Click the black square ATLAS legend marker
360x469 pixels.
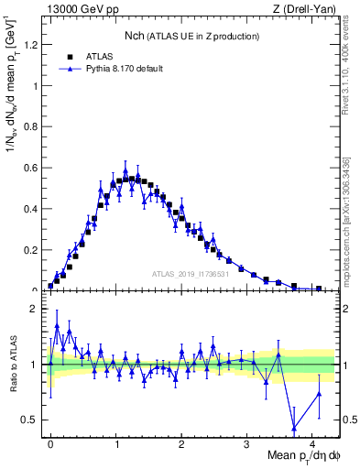coord(64,57)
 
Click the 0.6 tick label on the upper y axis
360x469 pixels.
coord(30,168)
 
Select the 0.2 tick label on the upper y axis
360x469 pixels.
coord(30,249)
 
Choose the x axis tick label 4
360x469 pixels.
coord(312,443)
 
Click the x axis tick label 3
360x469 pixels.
coord(247,443)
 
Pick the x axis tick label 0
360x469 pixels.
coord(50,443)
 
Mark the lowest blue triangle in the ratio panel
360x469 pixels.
coord(293,428)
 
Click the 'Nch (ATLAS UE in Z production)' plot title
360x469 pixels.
coord(192,36)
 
